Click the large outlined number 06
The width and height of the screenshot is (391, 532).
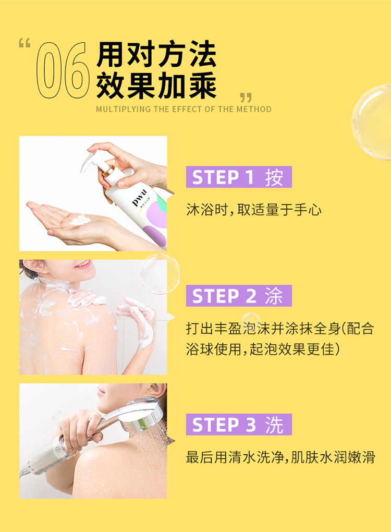[x=63, y=70]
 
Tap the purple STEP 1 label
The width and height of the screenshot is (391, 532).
[x=239, y=177]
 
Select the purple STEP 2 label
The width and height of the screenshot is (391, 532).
[x=239, y=296]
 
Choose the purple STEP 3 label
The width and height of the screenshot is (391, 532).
[x=239, y=424]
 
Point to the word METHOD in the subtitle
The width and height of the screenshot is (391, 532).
[x=254, y=109]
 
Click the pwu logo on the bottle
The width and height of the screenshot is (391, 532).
[x=139, y=198]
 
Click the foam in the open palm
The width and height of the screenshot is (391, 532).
[x=80, y=220]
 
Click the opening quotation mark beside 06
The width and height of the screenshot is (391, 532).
[x=25, y=43]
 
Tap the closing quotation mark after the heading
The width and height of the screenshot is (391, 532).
[x=246, y=98]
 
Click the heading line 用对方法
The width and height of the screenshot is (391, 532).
[x=156, y=54]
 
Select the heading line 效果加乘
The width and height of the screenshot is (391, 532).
[x=156, y=85]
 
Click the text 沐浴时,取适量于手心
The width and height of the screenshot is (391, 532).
[x=254, y=210]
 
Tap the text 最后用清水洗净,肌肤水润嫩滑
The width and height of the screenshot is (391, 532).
[x=280, y=457]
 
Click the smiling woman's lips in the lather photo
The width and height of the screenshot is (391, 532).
[x=82, y=264]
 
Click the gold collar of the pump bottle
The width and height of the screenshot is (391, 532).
[x=109, y=170]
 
